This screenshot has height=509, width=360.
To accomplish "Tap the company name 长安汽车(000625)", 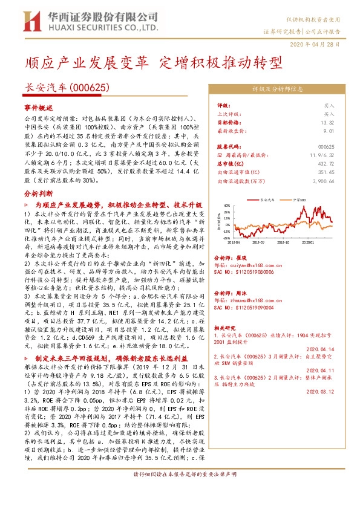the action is point(67,87).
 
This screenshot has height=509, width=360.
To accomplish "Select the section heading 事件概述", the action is point(38,107).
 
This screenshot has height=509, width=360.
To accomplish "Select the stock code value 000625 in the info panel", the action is point(326,147).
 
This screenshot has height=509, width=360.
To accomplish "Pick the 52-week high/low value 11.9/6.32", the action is point(322,155).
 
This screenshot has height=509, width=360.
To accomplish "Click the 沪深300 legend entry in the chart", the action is point(299,199).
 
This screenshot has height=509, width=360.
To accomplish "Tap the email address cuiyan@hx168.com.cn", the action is point(241,264).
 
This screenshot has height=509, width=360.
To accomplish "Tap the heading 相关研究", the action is point(226,327).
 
